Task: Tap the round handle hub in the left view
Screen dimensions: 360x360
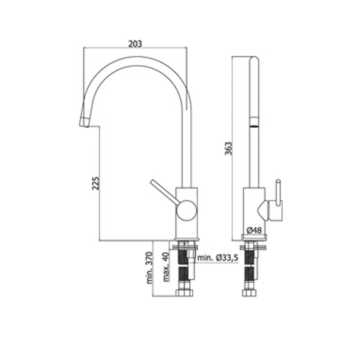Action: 186,210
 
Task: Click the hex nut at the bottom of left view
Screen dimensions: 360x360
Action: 184,293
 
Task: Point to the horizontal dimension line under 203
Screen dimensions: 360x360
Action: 135,48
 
